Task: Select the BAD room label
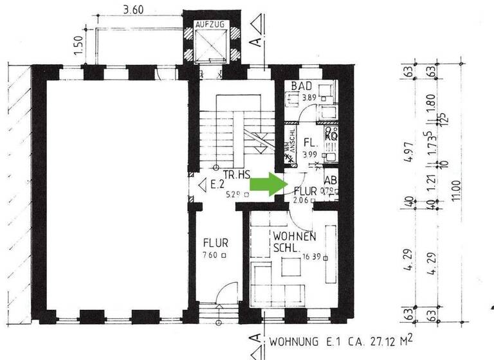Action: click(302, 87)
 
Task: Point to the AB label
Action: click(331, 181)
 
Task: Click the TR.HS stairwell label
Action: click(237, 175)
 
